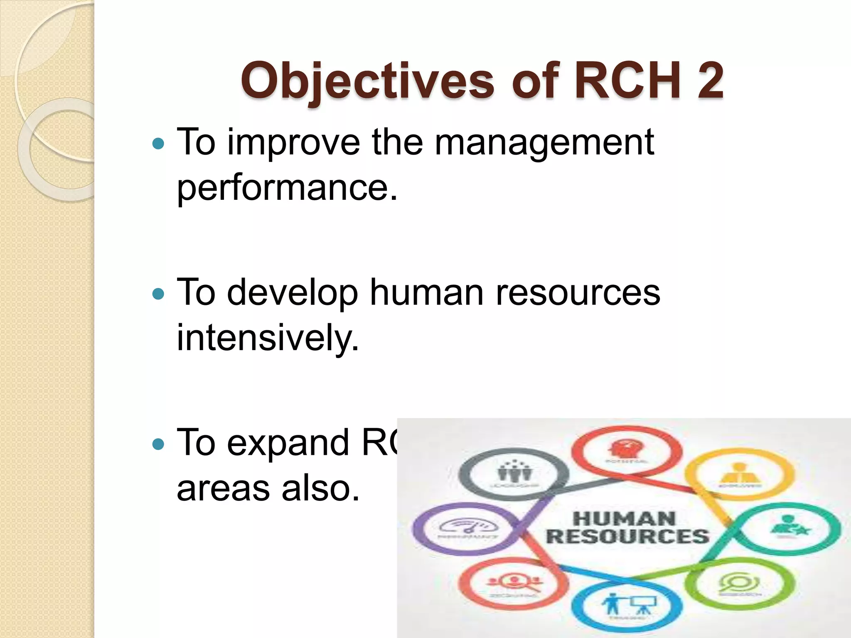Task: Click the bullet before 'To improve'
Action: [x=158, y=144]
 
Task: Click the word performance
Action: [x=287, y=188]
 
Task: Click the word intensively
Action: [x=267, y=338]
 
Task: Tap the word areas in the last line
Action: [x=223, y=488]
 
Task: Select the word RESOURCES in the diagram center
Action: [x=627, y=536]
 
